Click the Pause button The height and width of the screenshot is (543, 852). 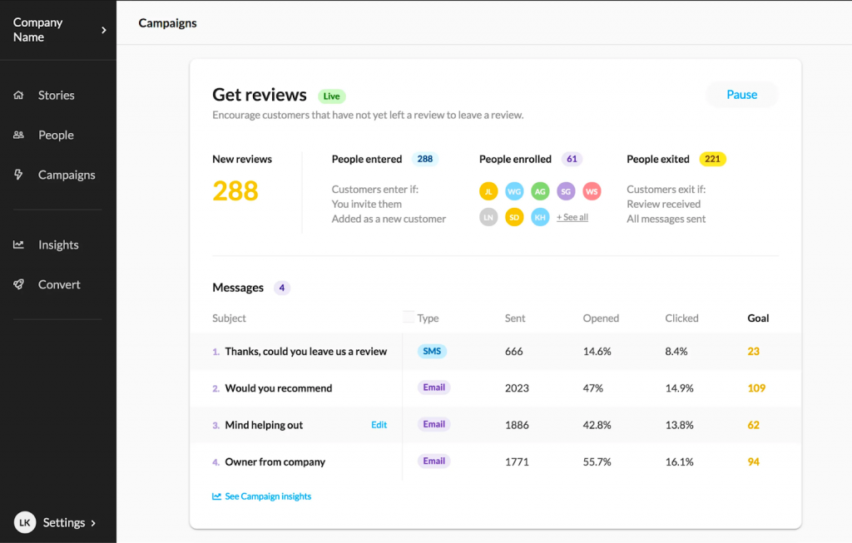(x=741, y=95)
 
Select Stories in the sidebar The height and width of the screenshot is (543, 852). (x=56, y=96)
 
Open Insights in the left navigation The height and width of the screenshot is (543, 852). (x=57, y=245)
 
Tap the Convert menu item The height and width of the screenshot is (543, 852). (x=59, y=284)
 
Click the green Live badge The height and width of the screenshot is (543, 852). (x=331, y=96)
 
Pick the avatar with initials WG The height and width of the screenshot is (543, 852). (x=515, y=191)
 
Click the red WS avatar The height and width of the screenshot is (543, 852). (x=592, y=191)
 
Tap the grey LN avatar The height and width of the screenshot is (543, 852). (x=488, y=217)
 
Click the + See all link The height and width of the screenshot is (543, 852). (x=572, y=217)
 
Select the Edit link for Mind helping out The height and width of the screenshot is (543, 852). (x=379, y=425)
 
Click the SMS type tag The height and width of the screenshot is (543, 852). (x=432, y=351)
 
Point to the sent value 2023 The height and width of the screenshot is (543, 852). (x=516, y=388)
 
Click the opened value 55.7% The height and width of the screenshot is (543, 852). (x=597, y=462)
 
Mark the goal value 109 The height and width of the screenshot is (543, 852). (x=756, y=388)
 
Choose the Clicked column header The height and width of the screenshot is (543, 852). (x=681, y=318)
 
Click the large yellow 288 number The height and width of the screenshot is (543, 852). (x=235, y=191)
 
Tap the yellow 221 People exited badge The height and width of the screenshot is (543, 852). (x=712, y=159)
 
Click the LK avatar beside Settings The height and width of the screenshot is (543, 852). (x=25, y=522)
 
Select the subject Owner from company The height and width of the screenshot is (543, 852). (x=275, y=462)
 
